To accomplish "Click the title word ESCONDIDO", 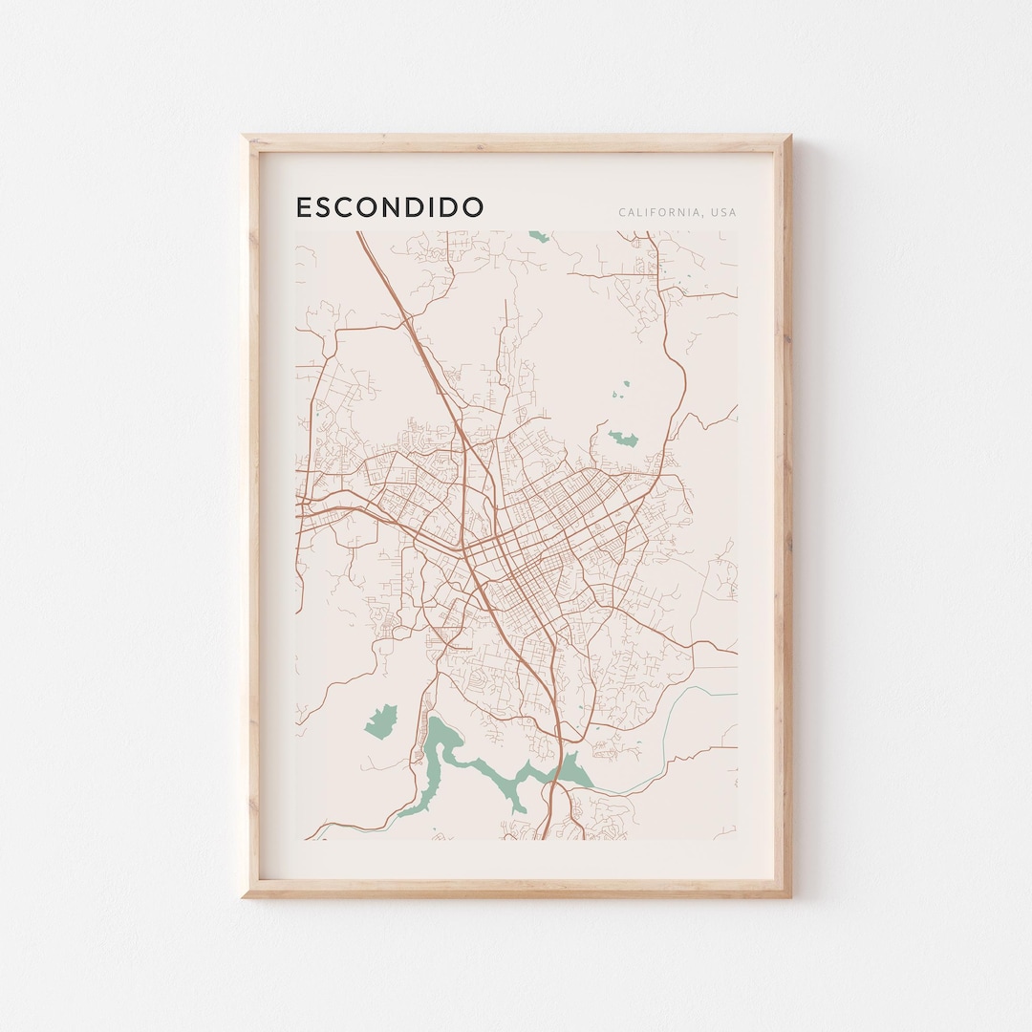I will [390, 207].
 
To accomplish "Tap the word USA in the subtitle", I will [722, 212].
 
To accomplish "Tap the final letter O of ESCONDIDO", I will [472, 207].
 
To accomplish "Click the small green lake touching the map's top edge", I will [540, 236].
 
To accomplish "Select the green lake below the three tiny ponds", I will [624, 439].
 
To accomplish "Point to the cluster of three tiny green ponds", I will [622, 389].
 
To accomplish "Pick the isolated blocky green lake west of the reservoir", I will [381, 720].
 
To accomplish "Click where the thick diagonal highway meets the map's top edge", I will [358, 232].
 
